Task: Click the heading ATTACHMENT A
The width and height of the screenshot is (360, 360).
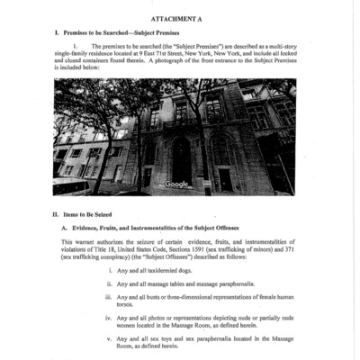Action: coord(180,18)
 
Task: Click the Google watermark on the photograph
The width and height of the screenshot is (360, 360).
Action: coord(176,184)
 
